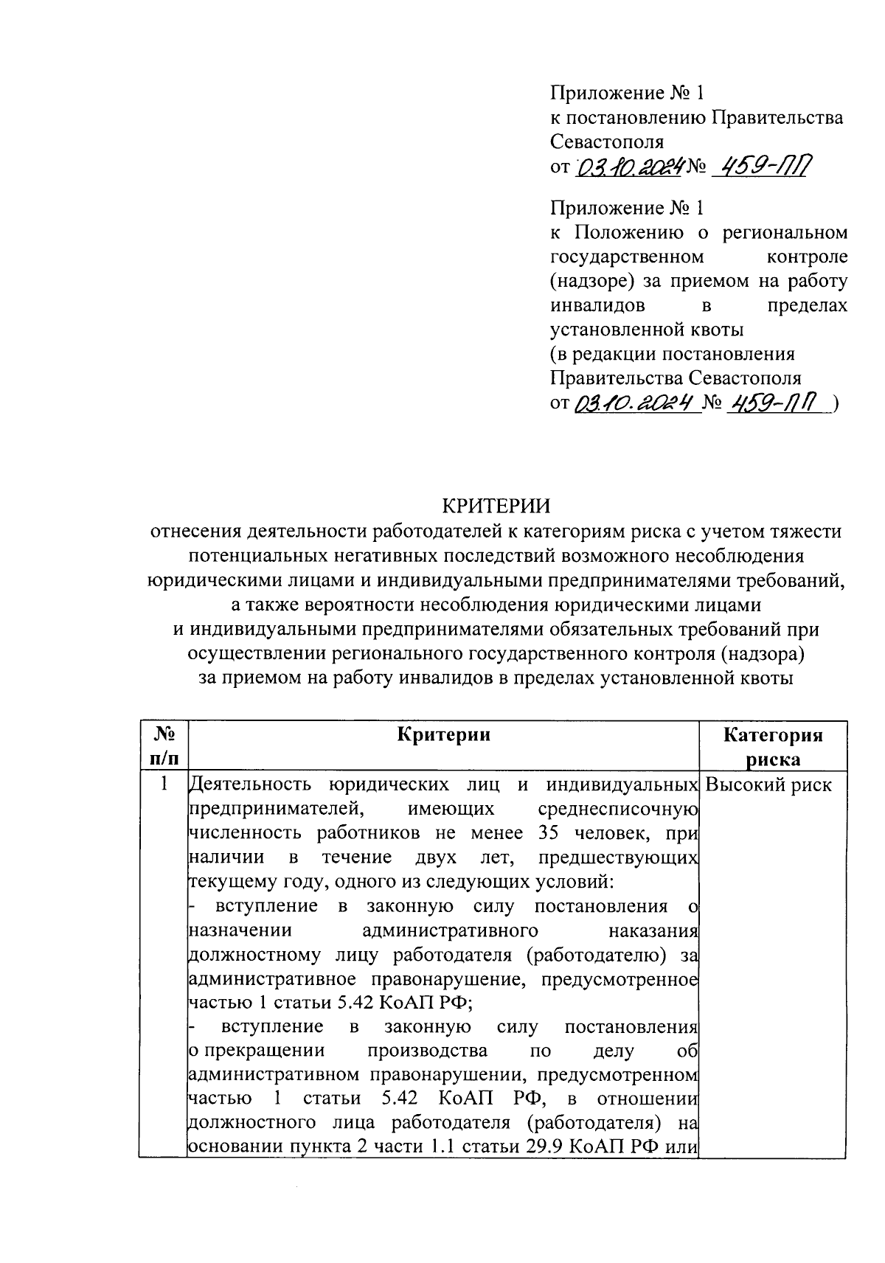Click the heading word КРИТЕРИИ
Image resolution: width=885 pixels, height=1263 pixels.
tap(496, 506)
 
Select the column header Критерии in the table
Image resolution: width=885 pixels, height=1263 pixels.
tap(443, 734)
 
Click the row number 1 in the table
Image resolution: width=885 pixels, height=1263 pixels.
tap(164, 784)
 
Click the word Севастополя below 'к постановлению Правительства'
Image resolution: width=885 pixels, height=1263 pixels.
tap(606, 142)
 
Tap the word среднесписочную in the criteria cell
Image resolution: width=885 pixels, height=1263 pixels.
tap(618, 809)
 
